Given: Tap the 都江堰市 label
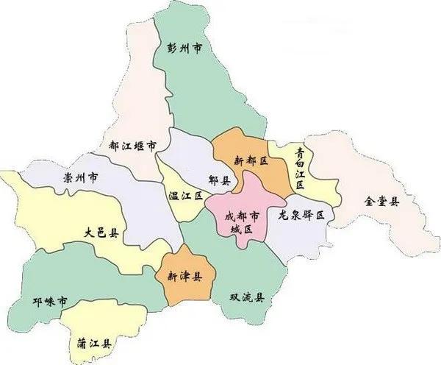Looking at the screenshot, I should [x=132, y=146].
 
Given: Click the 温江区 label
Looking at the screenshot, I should [x=183, y=195].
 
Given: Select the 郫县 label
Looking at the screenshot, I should [x=218, y=179].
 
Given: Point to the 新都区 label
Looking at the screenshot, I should [x=251, y=160].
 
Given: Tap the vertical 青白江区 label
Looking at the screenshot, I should [x=300, y=167].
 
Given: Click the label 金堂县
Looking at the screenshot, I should [x=382, y=201].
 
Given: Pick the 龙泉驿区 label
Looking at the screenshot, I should [x=301, y=214].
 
